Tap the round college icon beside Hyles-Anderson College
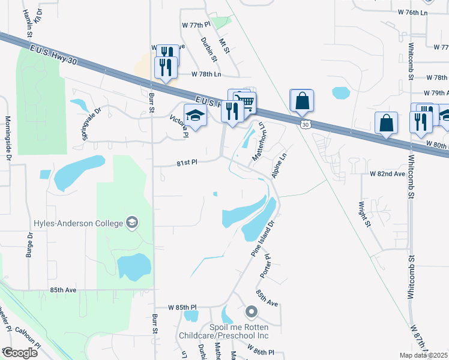[131, 224]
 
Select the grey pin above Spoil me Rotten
[251, 312]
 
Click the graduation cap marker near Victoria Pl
[195, 114]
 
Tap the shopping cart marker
[244, 101]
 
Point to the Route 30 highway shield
[306, 124]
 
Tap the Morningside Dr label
[9, 139]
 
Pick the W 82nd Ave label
[388, 173]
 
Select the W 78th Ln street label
[206, 74]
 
